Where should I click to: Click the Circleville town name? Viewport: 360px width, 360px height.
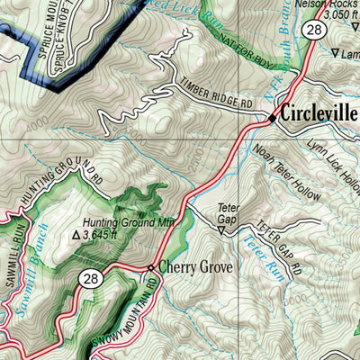click(x=319, y=115)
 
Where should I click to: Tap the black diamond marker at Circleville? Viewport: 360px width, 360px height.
click(x=272, y=117)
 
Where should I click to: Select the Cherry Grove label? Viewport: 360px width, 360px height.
click(x=195, y=267)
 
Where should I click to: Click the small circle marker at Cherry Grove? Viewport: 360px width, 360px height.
click(x=151, y=267)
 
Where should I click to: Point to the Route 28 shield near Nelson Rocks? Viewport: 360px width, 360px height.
click(x=312, y=31)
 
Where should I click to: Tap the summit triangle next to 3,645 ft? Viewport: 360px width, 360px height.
click(x=76, y=235)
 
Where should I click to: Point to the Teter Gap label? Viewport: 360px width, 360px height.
click(x=229, y=212)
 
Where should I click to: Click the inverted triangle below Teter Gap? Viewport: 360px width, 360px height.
click(x=221, y=230)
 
